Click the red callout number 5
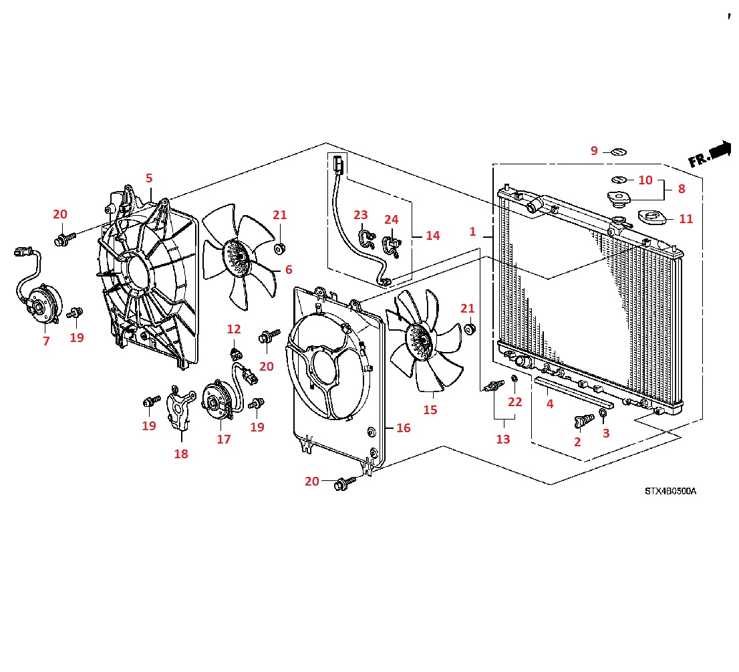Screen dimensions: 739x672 tap(149, 178)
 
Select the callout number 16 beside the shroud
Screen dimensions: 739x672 tap(404, 428)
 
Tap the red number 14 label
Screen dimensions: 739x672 tap(433, 236)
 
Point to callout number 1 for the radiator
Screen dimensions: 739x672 tap(472, 231)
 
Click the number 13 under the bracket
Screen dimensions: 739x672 tap(503, 439)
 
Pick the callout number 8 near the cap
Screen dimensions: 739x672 tap(682, 189)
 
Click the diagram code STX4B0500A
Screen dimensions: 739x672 tap(670, 491)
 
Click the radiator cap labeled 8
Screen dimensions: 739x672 tap(619, 199)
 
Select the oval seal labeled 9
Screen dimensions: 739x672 tap(618, 152)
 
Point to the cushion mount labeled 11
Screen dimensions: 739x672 tap(651, 218)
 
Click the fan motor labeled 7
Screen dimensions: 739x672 tap(42, 304)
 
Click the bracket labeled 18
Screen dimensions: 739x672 tap(181, 407)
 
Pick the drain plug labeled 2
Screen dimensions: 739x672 tap(583, 421)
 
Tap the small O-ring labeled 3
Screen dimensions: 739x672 tap(603, 413)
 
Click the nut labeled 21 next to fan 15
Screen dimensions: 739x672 tap(470, 329)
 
